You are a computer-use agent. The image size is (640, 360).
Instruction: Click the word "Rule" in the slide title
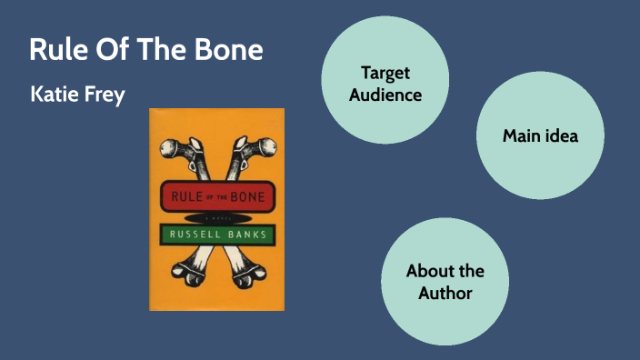tap(54, 50)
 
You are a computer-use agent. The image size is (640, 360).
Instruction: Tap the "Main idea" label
tap(540, 136)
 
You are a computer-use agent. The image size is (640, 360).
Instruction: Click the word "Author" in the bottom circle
tap(445, 293)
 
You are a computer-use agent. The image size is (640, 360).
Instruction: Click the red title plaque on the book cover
tap(216, 194)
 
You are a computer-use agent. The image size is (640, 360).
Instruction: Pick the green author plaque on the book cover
tap(216, 235)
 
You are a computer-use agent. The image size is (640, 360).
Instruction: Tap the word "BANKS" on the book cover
tap(245, 235)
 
